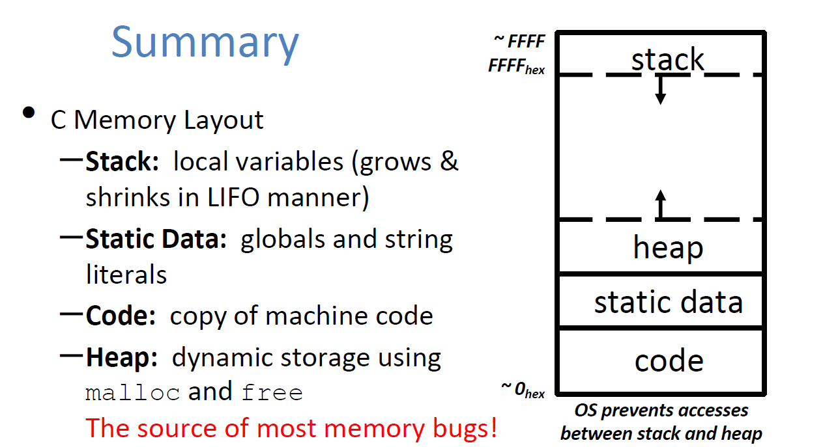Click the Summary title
(205, 42)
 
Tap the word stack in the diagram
(667, 60)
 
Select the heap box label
(668, 248)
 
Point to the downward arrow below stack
(660, 91)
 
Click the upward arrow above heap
(660, 203)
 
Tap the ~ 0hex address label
(523, 390)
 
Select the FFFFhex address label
(516, 67)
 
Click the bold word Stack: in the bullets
(123, 162)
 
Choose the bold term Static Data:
(156, 240)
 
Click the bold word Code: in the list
(121, 316)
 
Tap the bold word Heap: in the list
(122, 358)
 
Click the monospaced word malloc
(132, 394)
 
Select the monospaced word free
(272, 394)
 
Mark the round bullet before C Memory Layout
(29, 113)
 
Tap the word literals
(126, 275)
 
